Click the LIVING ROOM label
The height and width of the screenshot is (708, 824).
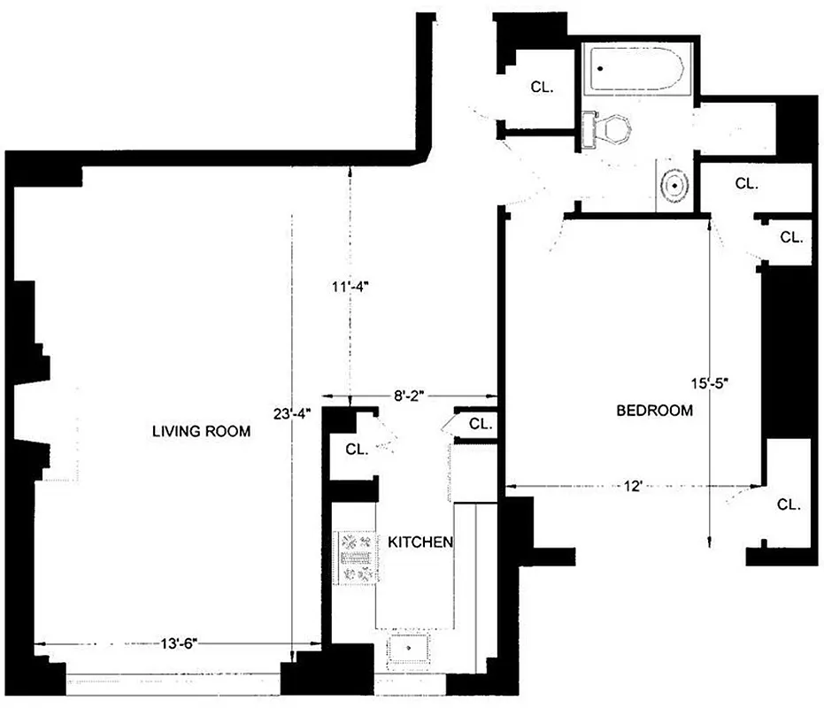201,432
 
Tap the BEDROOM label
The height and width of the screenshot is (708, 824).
654,411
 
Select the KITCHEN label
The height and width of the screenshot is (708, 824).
420,543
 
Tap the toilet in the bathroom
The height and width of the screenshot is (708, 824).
609,129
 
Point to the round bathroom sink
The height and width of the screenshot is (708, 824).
675,186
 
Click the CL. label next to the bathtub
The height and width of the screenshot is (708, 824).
543,87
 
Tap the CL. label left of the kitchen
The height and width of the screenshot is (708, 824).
357,450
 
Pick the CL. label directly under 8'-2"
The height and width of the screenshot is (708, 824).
481,424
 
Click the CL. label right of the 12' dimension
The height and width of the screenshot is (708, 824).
789,504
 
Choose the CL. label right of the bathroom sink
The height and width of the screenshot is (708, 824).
748,184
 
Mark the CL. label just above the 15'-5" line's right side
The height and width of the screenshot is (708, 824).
791,237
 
